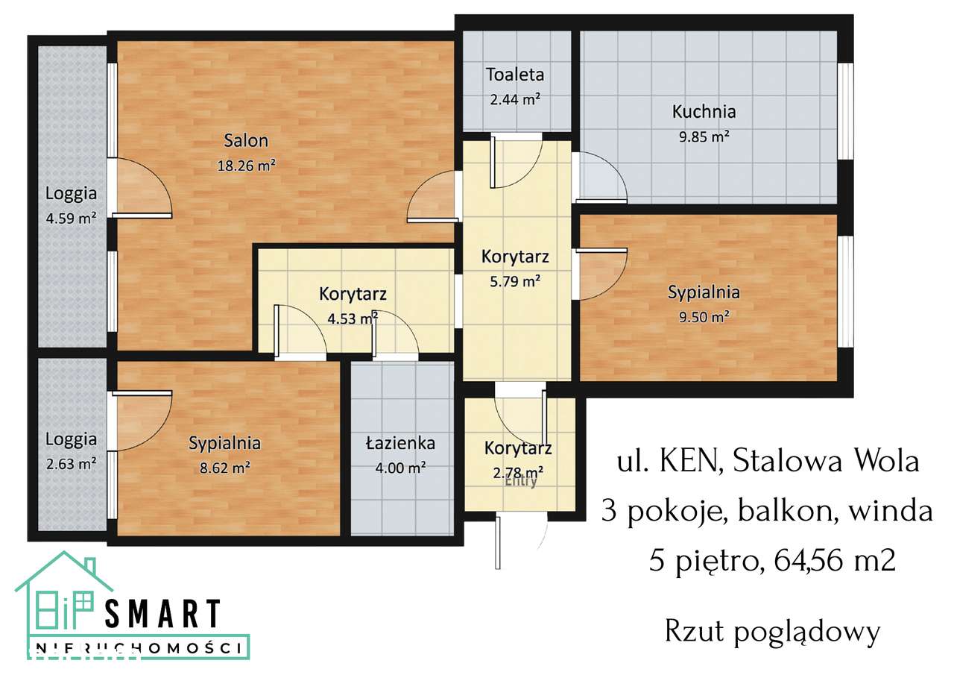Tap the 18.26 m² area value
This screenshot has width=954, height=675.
246,166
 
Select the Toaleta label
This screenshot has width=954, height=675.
515,75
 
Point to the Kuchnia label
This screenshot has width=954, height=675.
704,112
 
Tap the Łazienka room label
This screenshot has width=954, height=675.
400,443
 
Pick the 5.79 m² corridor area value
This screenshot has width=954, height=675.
515,281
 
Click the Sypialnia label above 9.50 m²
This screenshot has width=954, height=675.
703,292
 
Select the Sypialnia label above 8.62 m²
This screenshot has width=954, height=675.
224,443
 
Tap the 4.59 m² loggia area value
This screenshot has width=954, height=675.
71,219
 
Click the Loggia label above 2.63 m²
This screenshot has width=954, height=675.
71,439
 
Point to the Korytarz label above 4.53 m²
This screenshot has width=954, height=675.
353,294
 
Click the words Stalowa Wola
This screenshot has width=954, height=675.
826,462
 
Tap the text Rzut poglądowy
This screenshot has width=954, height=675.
772,632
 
